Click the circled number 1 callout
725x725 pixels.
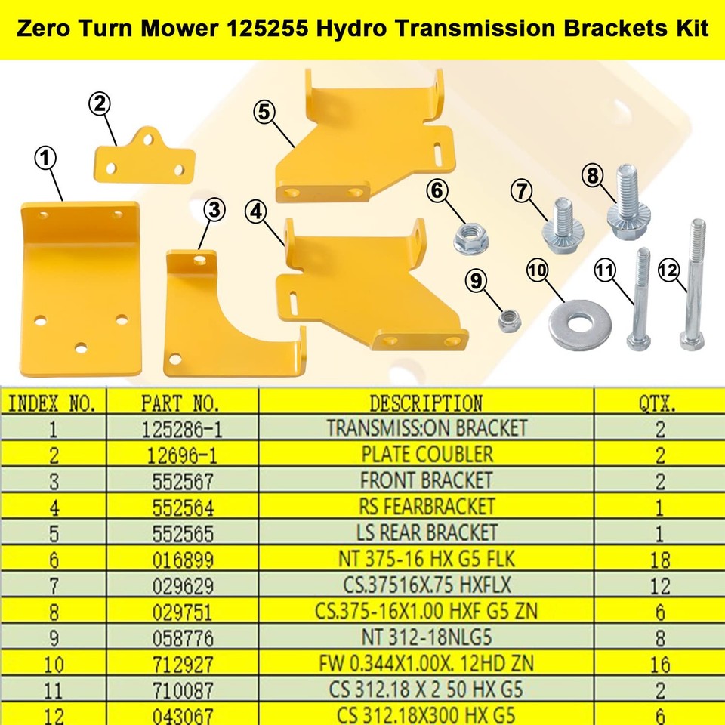coord(47,159)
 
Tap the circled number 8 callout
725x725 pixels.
coord(592,175)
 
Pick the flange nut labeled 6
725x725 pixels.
coord(470,239)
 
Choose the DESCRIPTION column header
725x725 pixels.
coord(426,402)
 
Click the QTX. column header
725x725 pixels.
coord(659,403)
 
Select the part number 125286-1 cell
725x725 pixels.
coord(181,430)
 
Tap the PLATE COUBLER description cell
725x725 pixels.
coord(426,455)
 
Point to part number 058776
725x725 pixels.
coord(181,637)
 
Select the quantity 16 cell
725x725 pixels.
coord(659,664)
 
